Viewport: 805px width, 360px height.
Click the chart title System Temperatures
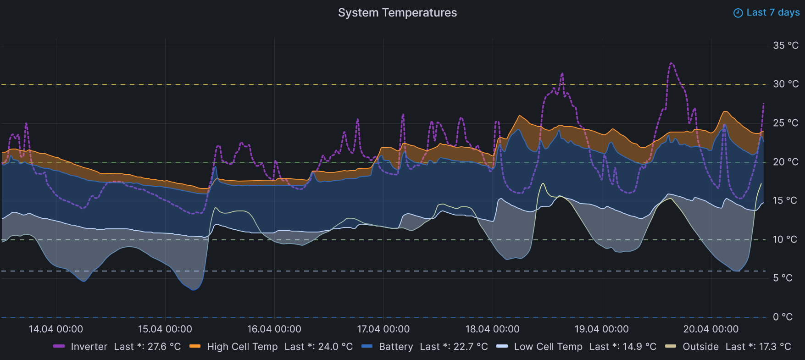[x=397, y=13]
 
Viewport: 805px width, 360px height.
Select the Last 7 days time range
[x=773, y=13]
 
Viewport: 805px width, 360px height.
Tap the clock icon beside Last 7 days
[x=738, y=13]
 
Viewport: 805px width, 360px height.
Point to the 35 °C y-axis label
[x=786, y=45]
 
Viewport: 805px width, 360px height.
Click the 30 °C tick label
[x=786, y=84]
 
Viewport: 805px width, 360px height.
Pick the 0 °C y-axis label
[x=783, y=317]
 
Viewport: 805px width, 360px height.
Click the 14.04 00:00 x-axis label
[x=56, y=329]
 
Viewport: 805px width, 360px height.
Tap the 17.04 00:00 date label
[x=383, y=329]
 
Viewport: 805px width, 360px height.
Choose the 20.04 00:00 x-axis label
[x=711, y=329]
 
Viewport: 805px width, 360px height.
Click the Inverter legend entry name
[x=89, y=347]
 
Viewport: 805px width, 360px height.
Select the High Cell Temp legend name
[x=242, y=347]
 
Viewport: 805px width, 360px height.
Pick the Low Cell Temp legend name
[x=548, y=347]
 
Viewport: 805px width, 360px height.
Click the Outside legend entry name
[x=700, y=347]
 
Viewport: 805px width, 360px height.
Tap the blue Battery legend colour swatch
[x=367, y=346]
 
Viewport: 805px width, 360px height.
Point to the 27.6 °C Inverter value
[x=164, y=347]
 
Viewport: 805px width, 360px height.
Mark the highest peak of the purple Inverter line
[x=672, y=63]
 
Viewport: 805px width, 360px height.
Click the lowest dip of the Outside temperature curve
[x=194, y=290]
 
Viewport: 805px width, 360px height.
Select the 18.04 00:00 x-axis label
[x=493, y=329]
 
